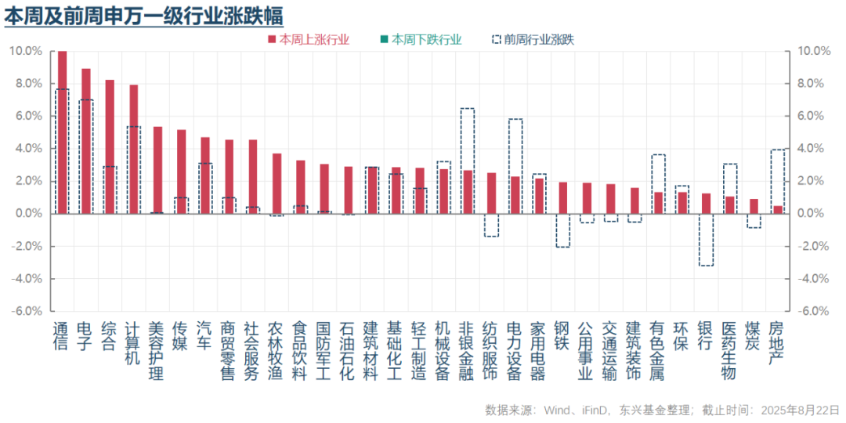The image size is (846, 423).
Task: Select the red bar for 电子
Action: (x=86, y=141)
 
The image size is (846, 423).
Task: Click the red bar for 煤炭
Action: (x=754, y=206)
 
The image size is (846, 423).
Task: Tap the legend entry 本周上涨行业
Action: (x=309, y=39)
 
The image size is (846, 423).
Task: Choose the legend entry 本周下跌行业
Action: (x=421, y=39)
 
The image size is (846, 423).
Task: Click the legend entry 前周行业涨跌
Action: (x=533, y=39)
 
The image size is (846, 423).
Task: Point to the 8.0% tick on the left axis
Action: (x=27, y=84)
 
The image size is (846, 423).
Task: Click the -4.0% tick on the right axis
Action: (x=813, y=278)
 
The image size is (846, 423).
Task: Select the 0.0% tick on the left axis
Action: (x=28, y=213)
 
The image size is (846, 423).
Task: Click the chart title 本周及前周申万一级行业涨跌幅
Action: (x=143, y=15)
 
